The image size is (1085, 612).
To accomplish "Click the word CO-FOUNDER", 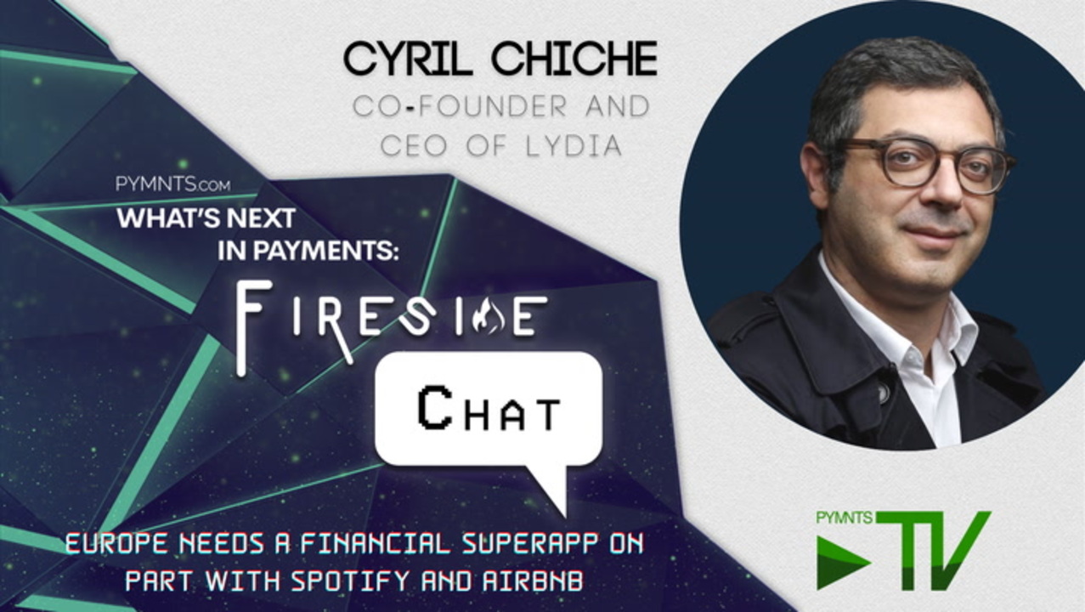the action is (460, 106).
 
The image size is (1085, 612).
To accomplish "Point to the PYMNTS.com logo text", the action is (173, 184).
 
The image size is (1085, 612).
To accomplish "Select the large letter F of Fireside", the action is (253, 327).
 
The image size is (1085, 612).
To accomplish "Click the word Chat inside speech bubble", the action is (489, 411).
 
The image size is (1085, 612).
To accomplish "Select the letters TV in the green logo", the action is (931, 551).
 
